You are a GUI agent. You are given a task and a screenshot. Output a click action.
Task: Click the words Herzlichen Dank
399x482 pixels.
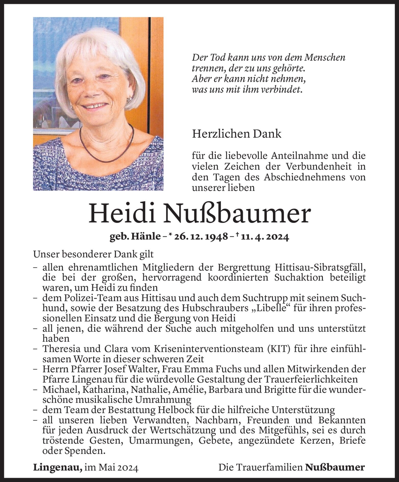(x=237, y=134)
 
